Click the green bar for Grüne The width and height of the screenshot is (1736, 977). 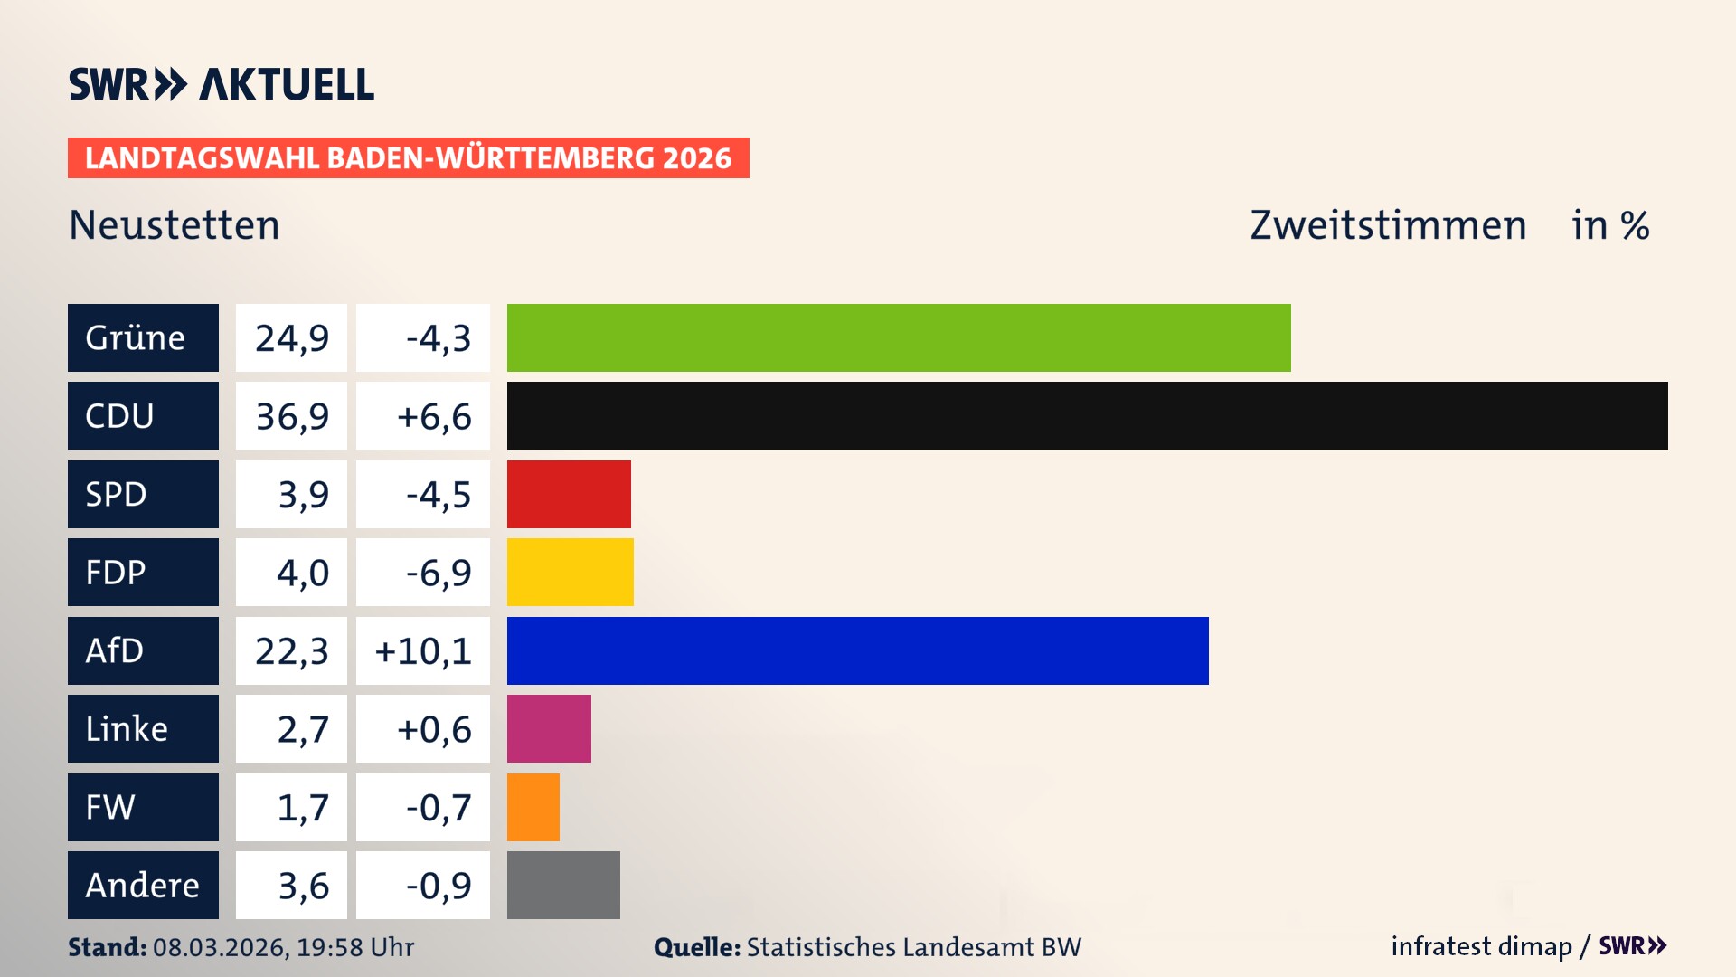(899, 337)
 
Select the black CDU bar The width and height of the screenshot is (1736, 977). (1087, 416)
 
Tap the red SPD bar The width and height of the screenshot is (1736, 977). (569, 494)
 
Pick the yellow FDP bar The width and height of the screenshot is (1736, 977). (570, 572)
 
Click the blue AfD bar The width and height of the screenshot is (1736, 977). (857, 650)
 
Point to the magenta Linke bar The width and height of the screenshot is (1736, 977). (549, 728)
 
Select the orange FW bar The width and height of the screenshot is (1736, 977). (533, 807)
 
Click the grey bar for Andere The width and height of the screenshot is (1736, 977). (563, 885)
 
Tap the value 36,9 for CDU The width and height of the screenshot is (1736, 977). (291, 416)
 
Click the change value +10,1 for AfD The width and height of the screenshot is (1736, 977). (423, 650)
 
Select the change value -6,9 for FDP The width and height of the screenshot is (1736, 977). (438, 572)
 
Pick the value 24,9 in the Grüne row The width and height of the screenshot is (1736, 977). (291, 337)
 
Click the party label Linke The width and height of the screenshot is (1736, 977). (127, 728)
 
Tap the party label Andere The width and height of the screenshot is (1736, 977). (142, 885)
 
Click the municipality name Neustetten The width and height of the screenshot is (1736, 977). (175, 225)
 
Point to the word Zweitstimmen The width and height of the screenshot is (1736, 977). (1388, 225)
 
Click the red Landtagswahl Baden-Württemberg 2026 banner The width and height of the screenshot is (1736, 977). (408, 158)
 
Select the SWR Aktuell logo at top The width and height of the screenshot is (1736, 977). (222, 84)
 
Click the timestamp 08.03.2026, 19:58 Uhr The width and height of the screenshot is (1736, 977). (283, 947)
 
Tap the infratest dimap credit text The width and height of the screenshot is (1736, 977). (1481, 946)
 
